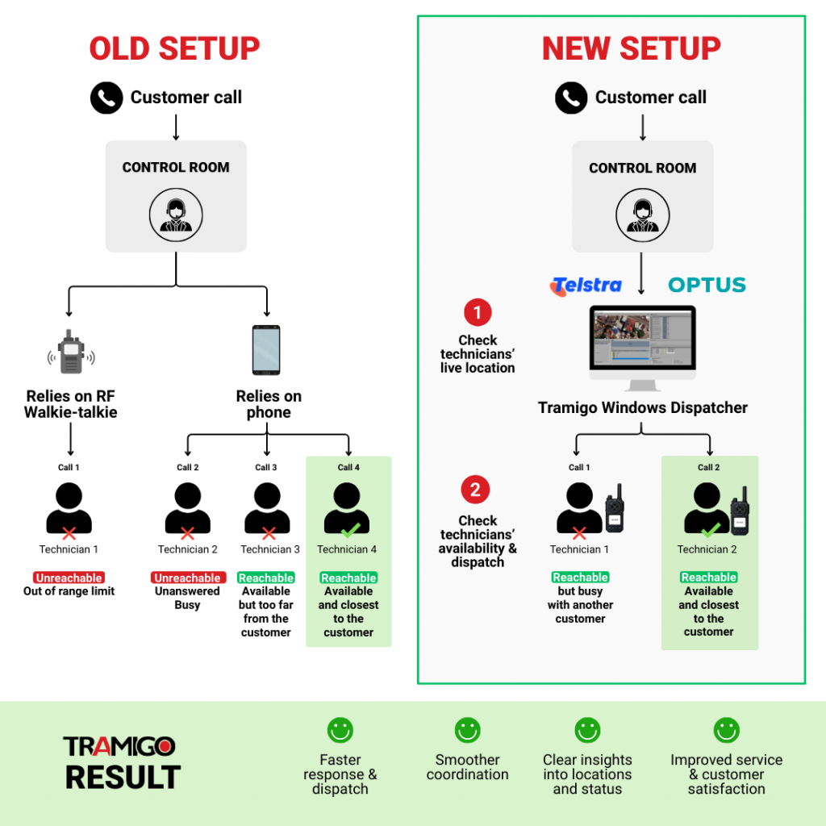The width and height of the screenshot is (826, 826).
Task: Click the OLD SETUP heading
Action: tap(175, 48)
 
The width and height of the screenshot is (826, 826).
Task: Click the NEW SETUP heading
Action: tap(632, 48)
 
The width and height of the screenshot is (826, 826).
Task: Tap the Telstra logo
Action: tap(586, 285)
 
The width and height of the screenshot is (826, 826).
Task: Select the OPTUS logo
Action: tap(707, 285)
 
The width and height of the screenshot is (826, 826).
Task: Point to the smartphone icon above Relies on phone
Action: tap(266, 349)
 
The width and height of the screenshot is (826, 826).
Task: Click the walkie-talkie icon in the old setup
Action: tap(71, 351)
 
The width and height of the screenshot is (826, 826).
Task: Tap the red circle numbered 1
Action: tap(477, 312)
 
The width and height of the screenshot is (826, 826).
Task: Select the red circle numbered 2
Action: tap(475, 490)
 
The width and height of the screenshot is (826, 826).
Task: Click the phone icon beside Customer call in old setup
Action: tap(106, 98)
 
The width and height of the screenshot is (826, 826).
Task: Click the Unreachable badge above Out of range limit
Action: tap(69, 578)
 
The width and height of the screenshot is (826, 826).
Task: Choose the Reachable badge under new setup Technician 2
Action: tap(708, 578)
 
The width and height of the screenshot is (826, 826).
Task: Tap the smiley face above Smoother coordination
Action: tap(467, 731)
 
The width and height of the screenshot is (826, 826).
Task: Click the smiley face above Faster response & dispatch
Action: tap(340, 731)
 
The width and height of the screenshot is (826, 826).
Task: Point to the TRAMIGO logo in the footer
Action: tap(119, 746)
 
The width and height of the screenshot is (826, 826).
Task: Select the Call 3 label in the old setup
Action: tap(266, 467)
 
